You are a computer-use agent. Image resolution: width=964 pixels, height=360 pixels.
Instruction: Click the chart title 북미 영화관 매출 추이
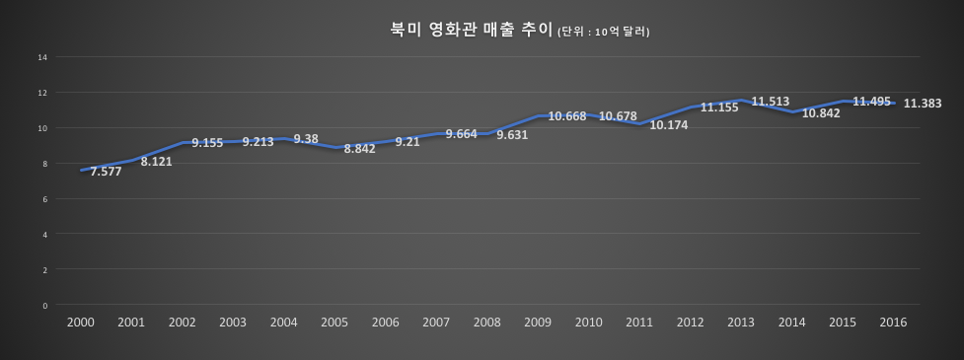pos(472,30)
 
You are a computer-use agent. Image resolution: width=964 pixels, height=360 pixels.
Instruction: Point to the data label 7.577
pos(106,171)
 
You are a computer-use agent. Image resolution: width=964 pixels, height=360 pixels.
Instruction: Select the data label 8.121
pos(156,161)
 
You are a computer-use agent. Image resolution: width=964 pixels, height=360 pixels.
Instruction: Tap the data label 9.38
pos(306,139)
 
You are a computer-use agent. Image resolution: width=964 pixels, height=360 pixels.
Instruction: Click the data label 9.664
pos(462,133)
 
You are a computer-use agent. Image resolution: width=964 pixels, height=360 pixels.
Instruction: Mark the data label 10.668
pos(567,116)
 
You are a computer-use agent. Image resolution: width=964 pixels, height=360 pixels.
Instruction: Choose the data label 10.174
pos(669,125)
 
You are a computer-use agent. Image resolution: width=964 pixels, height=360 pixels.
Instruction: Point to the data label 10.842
pos(822,113)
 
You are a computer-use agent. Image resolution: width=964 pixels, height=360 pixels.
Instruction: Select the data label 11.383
pos(923,103)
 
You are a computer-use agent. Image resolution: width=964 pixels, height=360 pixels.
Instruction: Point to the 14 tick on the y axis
pos(43,57)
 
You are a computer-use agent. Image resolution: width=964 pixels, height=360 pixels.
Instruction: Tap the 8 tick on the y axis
pos(44,164)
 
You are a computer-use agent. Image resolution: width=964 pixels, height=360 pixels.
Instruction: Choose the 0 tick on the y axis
pos(44,305)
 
